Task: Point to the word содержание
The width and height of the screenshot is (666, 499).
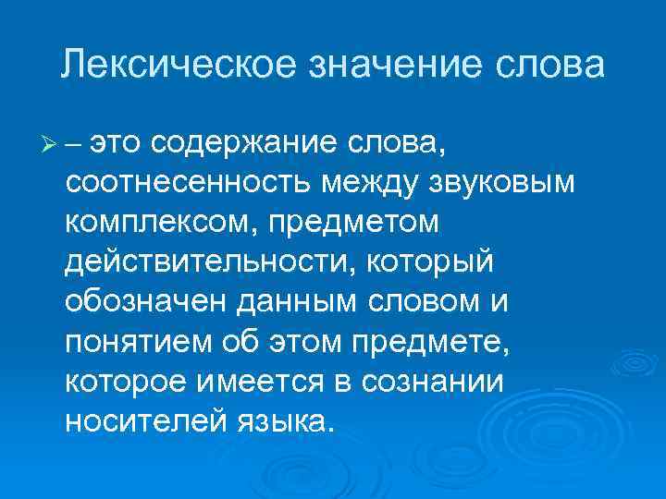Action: [x=243, y=143]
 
